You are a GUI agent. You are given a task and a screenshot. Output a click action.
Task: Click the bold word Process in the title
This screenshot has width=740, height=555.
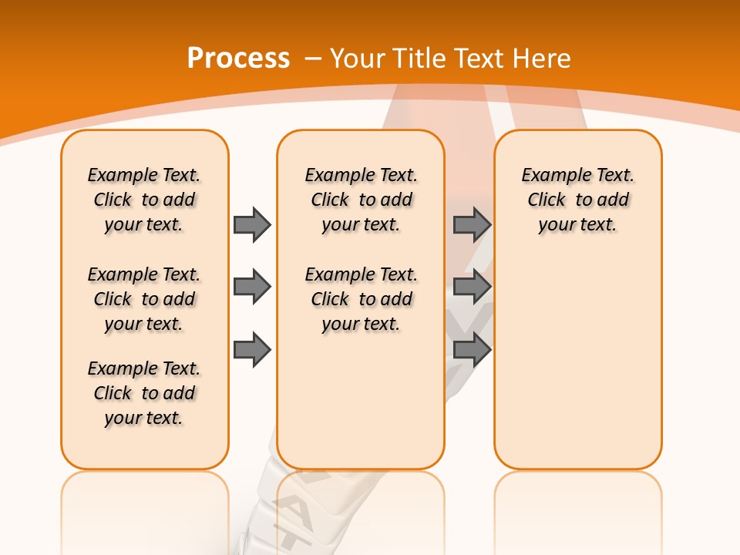pyautogui.click(x=238, y=59)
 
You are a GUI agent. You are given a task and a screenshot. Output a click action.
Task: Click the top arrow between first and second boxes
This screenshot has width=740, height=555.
pyautogui.click(x=252, y=224)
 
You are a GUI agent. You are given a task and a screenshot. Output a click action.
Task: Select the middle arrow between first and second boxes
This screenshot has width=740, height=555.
pyautogui.click(x=252, y=288)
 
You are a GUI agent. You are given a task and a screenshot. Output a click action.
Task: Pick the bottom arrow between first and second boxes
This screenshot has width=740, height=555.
pyautogui.click(x=252, y=350)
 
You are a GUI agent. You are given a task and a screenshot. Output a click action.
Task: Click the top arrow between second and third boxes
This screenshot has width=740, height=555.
pyautogui.click(x=472, y=224)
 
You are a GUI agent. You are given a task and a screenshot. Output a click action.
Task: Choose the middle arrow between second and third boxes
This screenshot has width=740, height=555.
pyautogui.click(x=472, y=288)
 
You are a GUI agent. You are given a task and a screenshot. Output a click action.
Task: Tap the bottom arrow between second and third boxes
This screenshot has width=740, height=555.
pyautogui.click(x=472, y=350)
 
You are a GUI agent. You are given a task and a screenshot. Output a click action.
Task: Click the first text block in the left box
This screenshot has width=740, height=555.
pyautogui.click(x=144, y=200)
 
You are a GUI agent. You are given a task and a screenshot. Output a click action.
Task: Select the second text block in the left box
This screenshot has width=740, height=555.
pyautogui.click(x=144, y=299)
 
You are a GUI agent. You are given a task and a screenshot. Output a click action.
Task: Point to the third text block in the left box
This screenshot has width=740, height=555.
pyautogui.click(x=144, y=393)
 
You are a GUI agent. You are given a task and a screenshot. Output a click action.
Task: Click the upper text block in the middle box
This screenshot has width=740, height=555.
pyautogui.click(x=361, y=200)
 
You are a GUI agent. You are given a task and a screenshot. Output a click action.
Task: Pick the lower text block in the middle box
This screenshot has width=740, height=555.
pyautogui.click(x=361, y=299)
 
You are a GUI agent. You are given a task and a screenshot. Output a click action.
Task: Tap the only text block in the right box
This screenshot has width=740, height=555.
pyautogui.click(x=577, y=200)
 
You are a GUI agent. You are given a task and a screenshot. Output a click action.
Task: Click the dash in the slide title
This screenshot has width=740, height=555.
pyautogui.click(x=313, y=59)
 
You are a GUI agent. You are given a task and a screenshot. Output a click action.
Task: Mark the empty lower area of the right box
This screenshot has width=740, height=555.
pyautogui.click(x=577, y=362)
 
